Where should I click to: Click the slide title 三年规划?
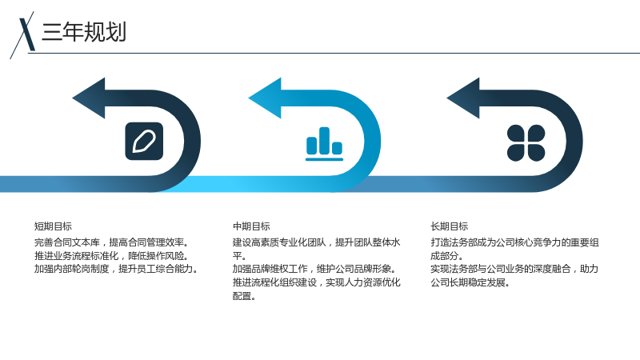84,32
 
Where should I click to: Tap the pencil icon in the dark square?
144,142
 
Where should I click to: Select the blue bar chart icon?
325,143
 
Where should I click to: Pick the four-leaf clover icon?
526,143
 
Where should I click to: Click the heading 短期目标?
53,226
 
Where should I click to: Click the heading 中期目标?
251,226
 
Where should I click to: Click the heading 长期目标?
450,226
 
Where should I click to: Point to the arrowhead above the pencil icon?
89,98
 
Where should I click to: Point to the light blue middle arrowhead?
266,98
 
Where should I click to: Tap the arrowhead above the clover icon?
464,98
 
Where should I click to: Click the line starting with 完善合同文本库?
111,242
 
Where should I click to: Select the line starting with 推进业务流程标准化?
111,256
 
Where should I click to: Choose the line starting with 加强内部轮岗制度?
116,269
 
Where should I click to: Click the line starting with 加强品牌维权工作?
314,269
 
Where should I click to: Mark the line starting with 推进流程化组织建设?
316,282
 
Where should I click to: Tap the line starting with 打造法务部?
514,242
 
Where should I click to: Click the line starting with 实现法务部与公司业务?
514,269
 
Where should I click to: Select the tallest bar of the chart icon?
325,141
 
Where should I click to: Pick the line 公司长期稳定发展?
470,282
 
